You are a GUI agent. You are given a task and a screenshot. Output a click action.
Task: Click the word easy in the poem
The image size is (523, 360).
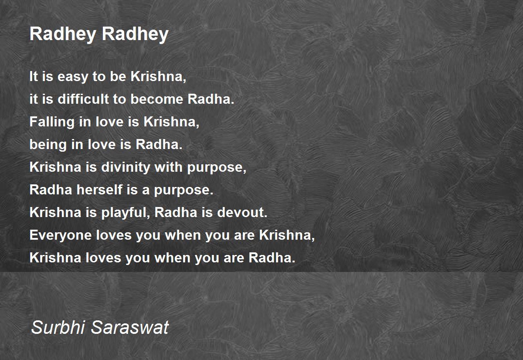[x=72, y=77]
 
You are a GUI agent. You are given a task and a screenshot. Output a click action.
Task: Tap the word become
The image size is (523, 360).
[x=157, y=99]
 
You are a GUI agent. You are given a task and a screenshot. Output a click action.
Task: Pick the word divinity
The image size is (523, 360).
[x=126, y=168]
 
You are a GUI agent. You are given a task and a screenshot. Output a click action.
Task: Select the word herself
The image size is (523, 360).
[x=99, y=190]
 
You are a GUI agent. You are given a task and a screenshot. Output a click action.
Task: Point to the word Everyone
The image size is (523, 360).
[x=61, y=235]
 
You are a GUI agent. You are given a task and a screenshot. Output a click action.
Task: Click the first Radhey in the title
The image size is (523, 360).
[x=63, y=34]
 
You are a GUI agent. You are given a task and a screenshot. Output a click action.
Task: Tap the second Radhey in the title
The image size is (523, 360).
[x=135, y=34]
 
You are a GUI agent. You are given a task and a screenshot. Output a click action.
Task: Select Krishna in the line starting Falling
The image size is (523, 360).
[x=171, y=122]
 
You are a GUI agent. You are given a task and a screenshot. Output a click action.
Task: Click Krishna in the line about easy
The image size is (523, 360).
[x=158, y=77]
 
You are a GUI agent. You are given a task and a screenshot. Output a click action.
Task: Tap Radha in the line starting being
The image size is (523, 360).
[x=159, y=145]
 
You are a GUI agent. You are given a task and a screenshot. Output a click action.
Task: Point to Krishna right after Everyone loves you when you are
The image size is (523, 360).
[x=287, y=235]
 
